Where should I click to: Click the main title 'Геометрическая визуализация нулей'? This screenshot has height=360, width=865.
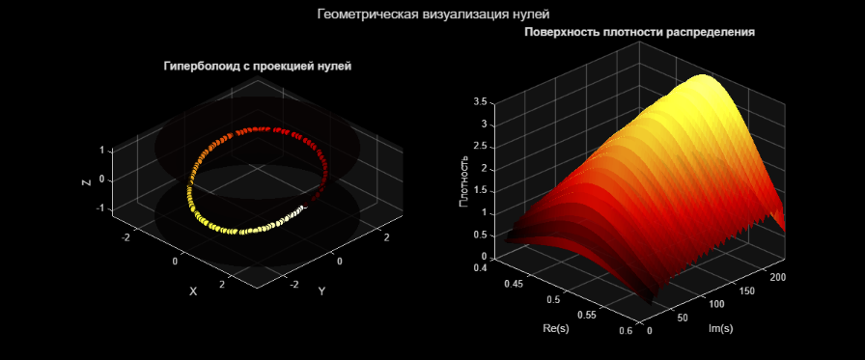click(432, 14)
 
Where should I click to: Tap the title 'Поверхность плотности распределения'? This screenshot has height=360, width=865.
click(639, 33)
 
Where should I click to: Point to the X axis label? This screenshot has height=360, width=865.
click(193, 291)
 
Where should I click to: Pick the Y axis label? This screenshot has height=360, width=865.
click(321, 291)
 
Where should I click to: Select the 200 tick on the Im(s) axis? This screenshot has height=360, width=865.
click(780, 277)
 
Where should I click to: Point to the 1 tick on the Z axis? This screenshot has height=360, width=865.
click(101, 151)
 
